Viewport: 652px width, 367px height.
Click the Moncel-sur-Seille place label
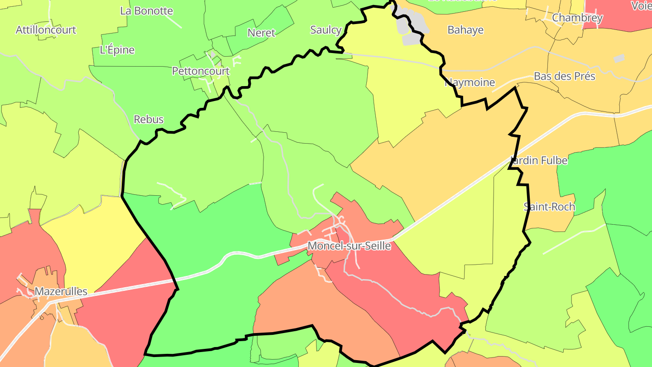point(349,246)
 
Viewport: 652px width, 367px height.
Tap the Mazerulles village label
point(61,291)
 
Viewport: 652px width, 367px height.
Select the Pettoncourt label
point(201,71)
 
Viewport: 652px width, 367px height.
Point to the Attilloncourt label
point(46,30)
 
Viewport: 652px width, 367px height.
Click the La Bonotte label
point(146,11)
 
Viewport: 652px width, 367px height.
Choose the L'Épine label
point(117,50)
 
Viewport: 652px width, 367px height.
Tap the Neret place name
point(261,33)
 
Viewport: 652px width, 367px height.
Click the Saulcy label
point(326,30)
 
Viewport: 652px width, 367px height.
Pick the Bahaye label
point(465,30)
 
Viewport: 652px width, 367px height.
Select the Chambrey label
point(577,18)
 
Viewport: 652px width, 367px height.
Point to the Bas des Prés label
point(564,76)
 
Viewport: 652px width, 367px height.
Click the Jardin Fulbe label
point(539,160)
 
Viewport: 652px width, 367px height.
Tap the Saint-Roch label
point(549,207)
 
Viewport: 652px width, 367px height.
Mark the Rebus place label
point(149,119)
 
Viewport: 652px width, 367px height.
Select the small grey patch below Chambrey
point(619,58)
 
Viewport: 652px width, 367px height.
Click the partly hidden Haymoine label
point(471,83)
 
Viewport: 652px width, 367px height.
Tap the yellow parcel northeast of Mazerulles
point(91,245)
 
